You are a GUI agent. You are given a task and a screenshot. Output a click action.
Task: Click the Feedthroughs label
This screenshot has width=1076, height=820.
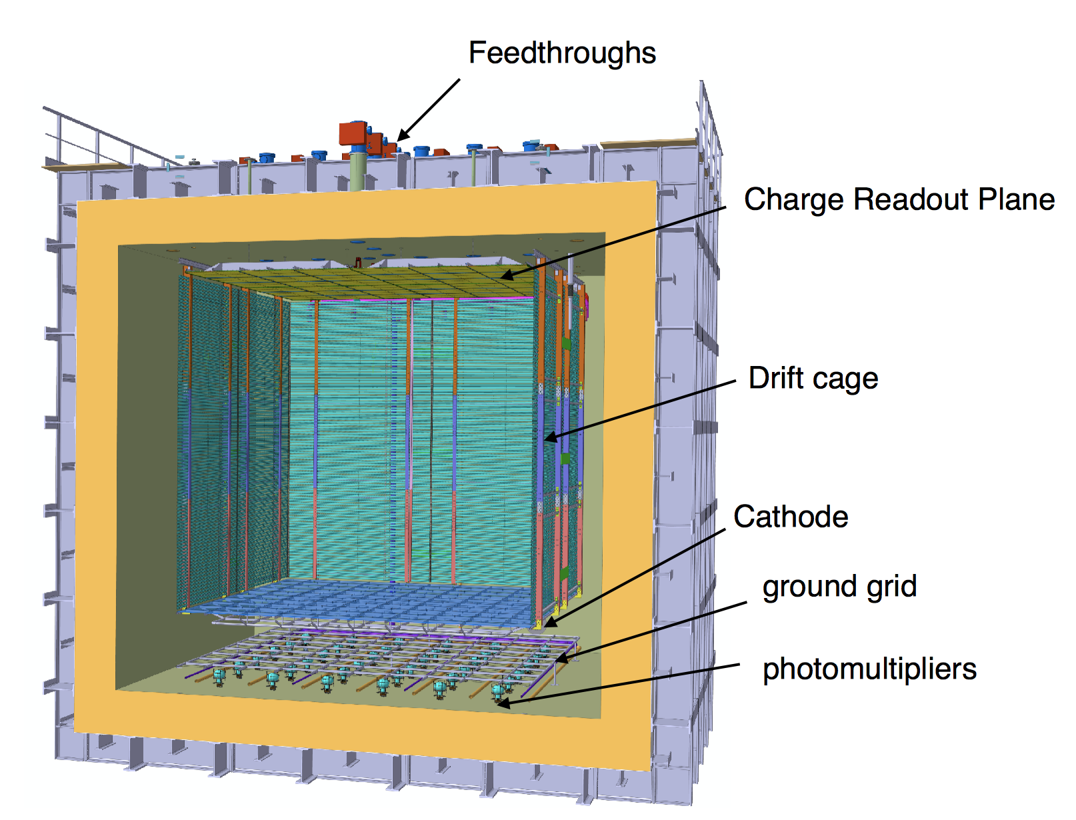pyautogui.click(x=562, y=53)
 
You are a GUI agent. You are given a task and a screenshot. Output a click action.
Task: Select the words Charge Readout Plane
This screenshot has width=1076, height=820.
pyautogui.click(x=899, y=199)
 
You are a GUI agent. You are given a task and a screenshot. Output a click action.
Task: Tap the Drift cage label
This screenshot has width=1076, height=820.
pyautogui.click(x=813, y=378)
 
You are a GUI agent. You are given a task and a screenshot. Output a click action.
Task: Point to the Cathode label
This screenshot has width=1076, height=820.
pyautogui.click(x=791, y=517)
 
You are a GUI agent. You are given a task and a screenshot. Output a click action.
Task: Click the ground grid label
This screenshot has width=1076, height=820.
pyautogui.click(x=839, y=587)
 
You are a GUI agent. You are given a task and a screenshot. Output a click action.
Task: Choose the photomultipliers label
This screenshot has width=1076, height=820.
pyautogui.click(x=869, y=669)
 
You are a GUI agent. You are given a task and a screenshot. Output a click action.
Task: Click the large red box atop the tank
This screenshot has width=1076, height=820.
pyautogui.click(x=353, y=133)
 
